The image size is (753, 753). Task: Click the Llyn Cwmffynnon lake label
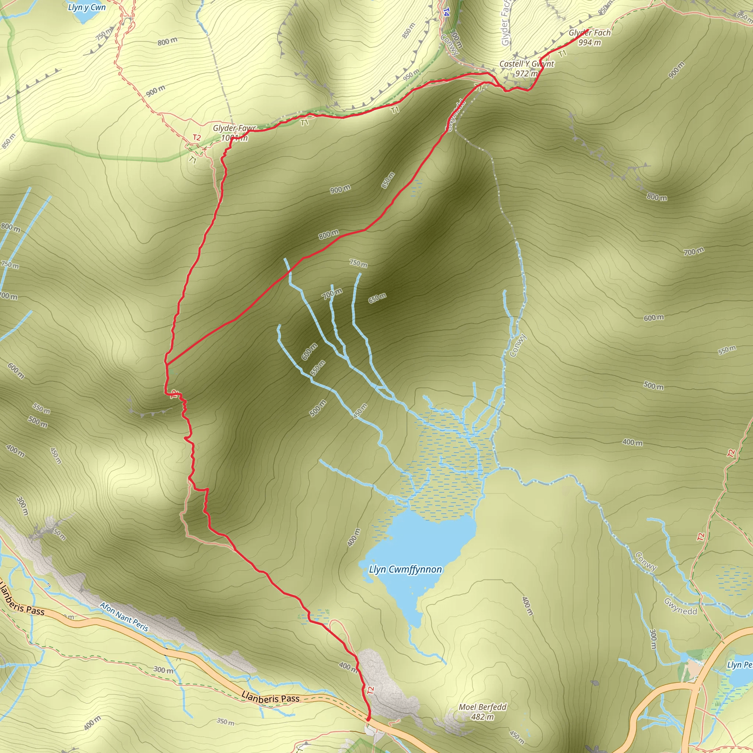point(405,570)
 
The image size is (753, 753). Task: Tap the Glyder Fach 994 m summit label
point(589,38)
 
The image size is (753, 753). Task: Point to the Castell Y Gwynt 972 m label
point(527,68)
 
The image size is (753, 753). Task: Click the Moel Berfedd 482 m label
point(482,712)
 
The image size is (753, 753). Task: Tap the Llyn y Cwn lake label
point(86,7)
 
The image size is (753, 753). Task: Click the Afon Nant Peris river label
point(124,617)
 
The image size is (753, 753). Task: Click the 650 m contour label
point(377,298)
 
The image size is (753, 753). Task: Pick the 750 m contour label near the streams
point(358,264)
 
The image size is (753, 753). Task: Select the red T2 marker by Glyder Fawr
point(197,138)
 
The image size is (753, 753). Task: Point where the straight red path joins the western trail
point(166,364)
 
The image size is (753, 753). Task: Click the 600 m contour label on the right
point(654,318)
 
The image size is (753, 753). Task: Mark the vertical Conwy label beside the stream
point(518,346)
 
